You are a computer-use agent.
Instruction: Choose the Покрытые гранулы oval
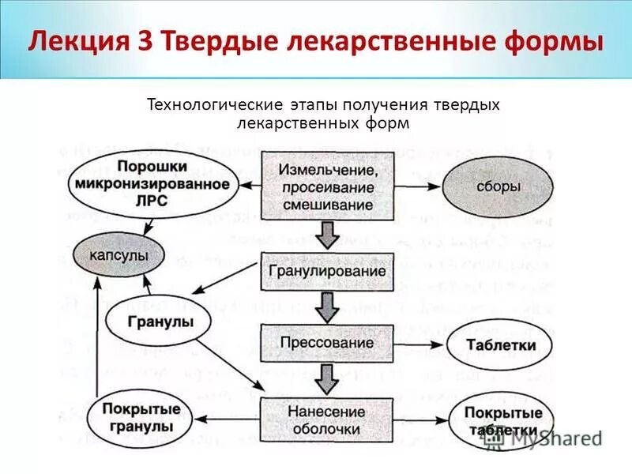coord(141,418)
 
